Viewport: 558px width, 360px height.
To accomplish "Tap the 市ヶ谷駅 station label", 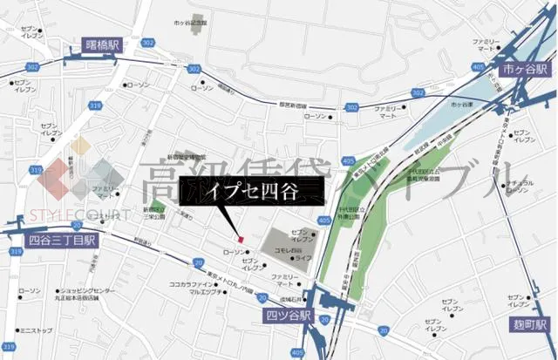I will (x=522, y=68).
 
